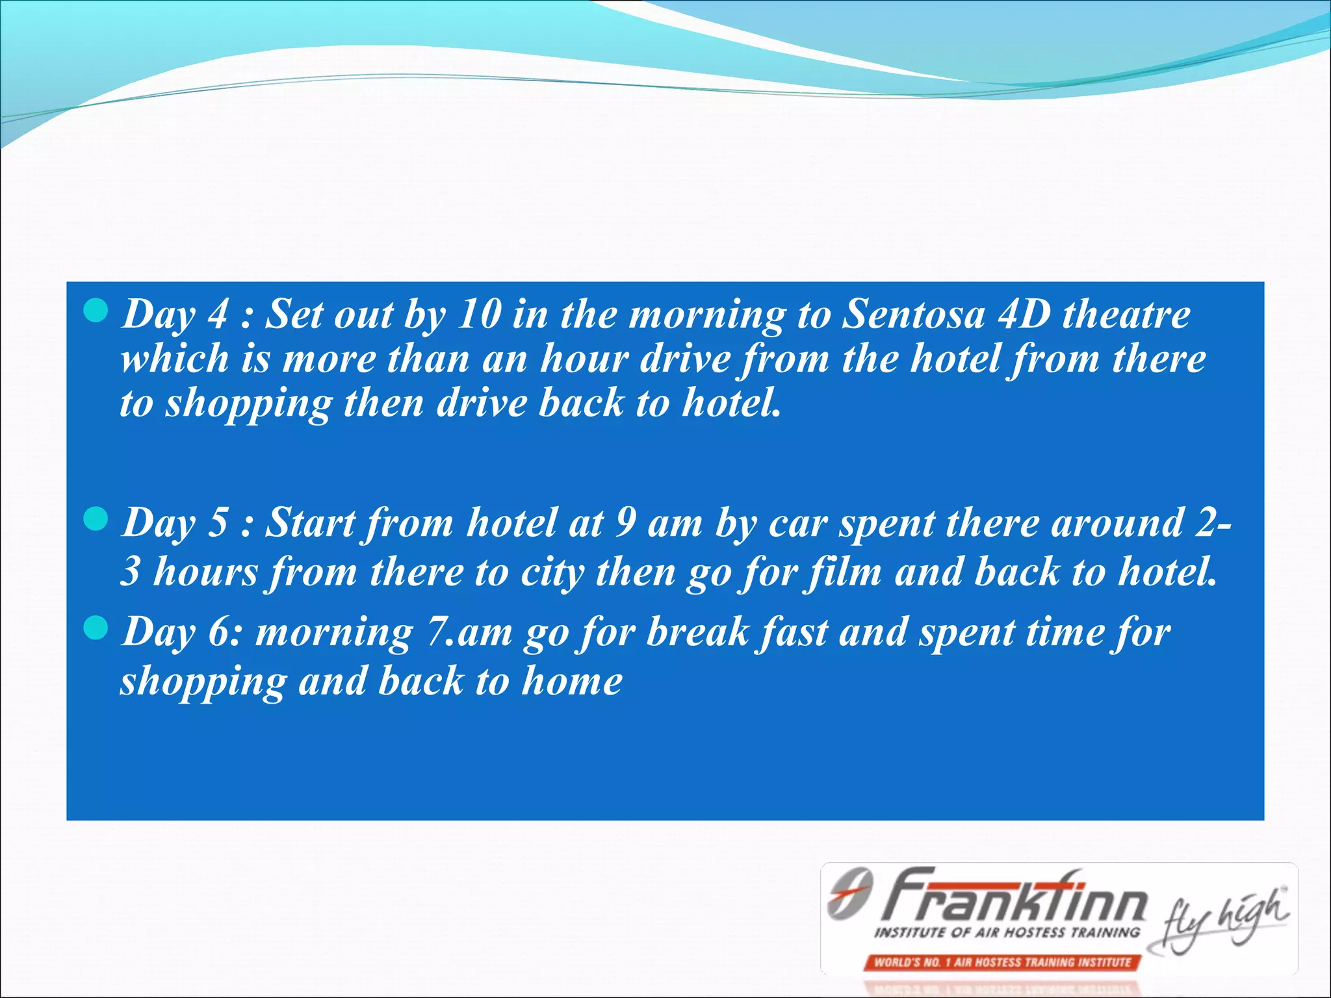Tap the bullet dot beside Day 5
96,519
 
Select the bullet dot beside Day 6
96,628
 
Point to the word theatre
1126,314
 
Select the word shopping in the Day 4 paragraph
249,404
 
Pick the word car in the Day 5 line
798,524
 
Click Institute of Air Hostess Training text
1007,932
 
